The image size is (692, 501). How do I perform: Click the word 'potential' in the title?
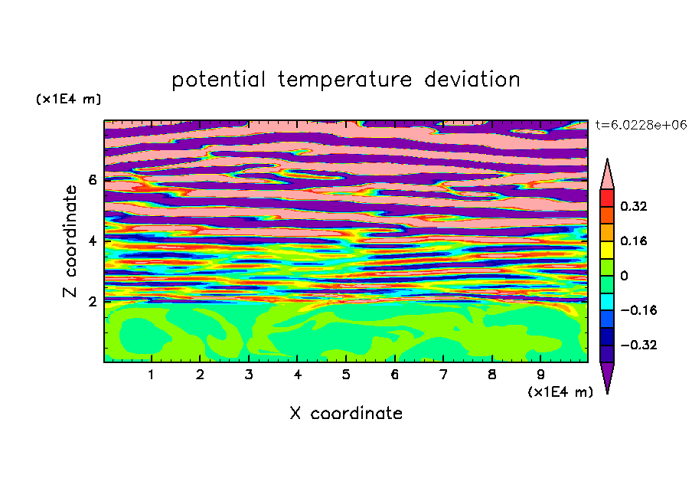(218, 80)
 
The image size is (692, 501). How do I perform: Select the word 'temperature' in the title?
(344, 80)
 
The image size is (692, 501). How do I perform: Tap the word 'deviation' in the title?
(472, 80)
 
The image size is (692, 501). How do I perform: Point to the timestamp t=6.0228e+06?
(641, 125)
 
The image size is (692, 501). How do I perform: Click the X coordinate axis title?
(346, 413)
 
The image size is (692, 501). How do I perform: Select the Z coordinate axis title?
(70, 241)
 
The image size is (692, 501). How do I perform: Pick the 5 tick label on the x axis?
(346, 375)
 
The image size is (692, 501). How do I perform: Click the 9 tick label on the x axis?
(540, 375)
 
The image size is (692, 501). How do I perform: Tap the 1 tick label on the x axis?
(152, 375)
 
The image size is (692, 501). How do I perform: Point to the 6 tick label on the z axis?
(93, 180)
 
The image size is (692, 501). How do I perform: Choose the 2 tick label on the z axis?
(93, 301)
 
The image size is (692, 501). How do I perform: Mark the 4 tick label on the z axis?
(93, 241)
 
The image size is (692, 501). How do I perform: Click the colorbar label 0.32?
(634, 206)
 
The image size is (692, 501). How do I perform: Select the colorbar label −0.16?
(638, 310)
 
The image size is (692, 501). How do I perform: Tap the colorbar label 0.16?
(634, 241)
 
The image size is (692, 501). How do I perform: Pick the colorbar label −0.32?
(638, 345)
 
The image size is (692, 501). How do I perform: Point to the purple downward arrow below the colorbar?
(607, 375)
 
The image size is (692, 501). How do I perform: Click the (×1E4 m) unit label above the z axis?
(68, 99)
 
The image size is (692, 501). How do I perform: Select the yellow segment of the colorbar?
(607, 250)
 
